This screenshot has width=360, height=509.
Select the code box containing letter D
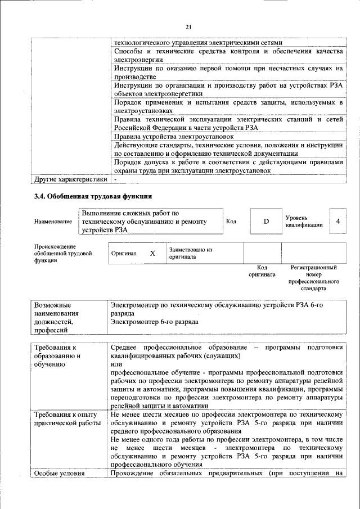click(266, 222)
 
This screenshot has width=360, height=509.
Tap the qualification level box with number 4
click(338, 221)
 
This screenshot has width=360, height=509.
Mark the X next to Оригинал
click(152, 254)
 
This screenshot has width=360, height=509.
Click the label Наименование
click(53, 222)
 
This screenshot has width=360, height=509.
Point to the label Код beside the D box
click(231, 221)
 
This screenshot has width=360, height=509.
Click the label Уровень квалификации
click(304, 221)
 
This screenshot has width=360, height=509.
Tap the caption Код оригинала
click(262, 271)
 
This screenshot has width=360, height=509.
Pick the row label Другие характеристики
click(70, 179)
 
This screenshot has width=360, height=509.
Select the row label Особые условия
click(59, 473)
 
